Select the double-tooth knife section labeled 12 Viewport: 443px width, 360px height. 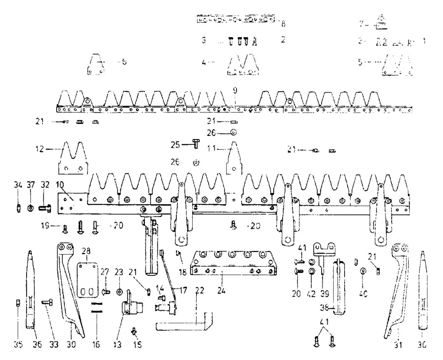tap(73, 159)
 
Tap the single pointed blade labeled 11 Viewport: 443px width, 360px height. tap(234, 159)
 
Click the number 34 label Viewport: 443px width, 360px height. tap(18, 185)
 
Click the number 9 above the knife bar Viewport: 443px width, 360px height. tap(235, 90)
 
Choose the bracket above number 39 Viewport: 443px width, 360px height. tap(325, 250)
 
